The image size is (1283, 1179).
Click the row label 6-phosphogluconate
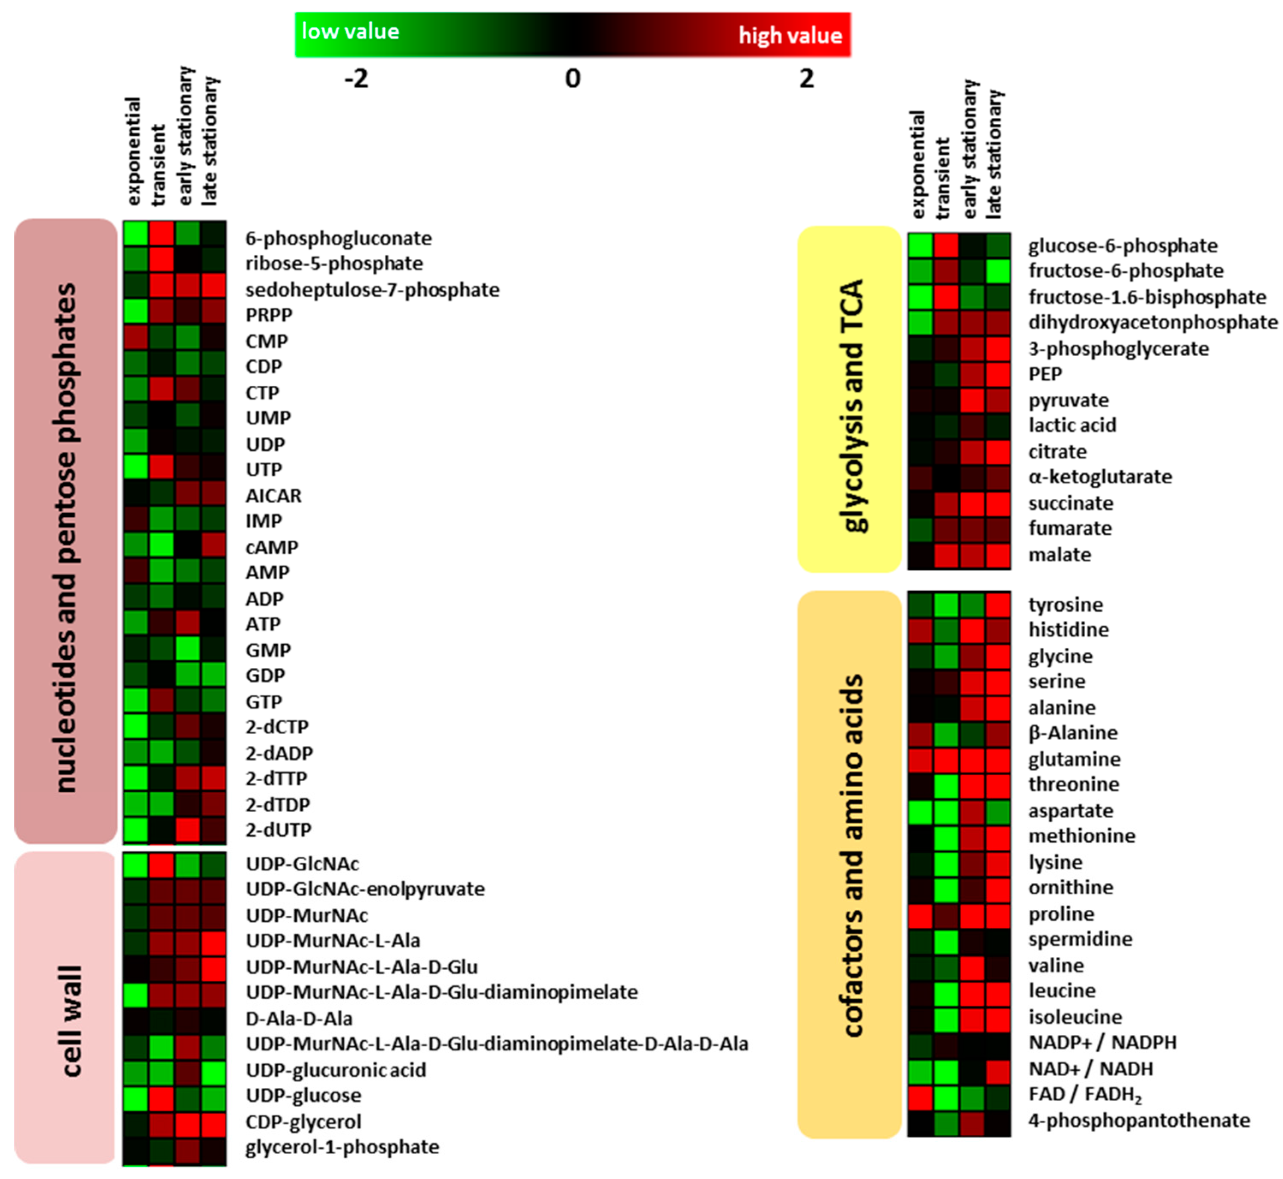tap(338, 238)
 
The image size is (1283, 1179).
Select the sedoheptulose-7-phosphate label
tap(372, 290)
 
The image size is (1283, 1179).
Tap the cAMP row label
tap(272, 548)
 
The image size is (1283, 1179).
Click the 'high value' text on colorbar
tap(790, 35)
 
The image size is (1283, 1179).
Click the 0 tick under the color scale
tap(573, 79)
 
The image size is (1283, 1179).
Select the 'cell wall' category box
tap(65, 1008)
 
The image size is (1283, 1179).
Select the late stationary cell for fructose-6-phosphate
tap(998, 271)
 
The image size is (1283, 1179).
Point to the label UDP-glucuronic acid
tap(336, 1070)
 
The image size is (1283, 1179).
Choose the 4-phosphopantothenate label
tap(1139, 1120)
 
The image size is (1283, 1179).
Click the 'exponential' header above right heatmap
tap(917, 164)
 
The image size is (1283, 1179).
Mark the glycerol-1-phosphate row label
tap(342, 1146)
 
